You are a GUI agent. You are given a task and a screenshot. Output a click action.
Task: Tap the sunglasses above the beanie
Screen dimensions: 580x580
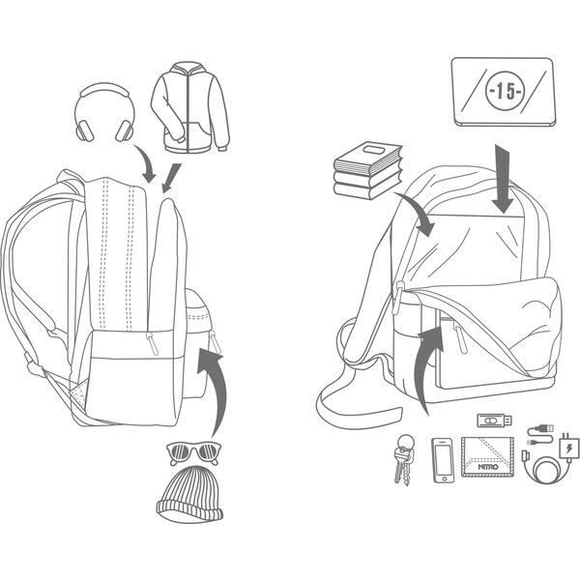pyautogui.click(x=194, y=450)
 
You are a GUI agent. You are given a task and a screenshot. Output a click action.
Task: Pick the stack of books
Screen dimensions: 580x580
pyautogui.click(x=366, y=170)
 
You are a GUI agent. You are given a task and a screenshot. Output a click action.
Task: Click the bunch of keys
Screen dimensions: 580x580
pyautogui.click(x=403, y=458)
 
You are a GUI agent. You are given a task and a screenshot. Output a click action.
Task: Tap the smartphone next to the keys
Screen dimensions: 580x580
pyautogui.click(x=443, y=460)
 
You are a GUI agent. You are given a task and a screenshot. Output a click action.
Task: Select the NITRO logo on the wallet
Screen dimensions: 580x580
pyautogui.click(x=490, y=468)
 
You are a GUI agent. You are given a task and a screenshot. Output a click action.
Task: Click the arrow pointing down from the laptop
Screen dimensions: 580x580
pyautogui.click(x=502, y=179)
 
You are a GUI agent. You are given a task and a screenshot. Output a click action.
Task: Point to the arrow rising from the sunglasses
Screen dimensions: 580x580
pyautogui.click(x=215, y=387)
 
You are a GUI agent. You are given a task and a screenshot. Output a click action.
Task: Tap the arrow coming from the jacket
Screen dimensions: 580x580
pyautogui.click(x=172, y=176)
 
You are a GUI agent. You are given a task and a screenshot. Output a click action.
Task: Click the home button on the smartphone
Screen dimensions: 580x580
pyautogui.click(x=443, y=477)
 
